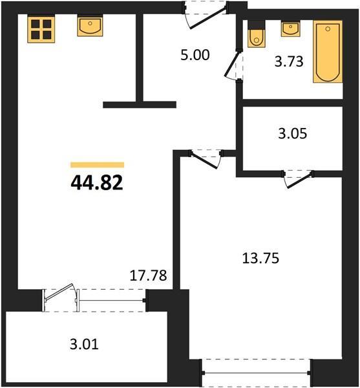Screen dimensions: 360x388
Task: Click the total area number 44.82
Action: pos(97,183)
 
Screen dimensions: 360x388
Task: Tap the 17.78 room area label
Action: pos(149,275)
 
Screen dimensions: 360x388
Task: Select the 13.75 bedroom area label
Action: pos(260,258)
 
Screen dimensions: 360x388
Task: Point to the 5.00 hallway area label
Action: pos(195,55)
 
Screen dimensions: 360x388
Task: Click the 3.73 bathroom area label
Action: pos(289,61)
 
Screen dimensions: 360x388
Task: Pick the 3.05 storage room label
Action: pos(293,133)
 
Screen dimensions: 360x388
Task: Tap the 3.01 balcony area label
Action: pos(84,344)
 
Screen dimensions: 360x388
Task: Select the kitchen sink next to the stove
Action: pos(90,26)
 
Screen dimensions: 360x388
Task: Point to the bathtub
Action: pos(328,52)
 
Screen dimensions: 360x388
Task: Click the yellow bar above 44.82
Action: pos(97,165)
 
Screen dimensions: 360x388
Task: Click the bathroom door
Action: pos(234,65)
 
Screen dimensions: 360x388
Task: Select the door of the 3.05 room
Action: pos(298,179)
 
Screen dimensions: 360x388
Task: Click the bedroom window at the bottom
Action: pos(256,372)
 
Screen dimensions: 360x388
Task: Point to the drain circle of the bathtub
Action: pos(328,29)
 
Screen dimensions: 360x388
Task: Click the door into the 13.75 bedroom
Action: pos(206,159)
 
